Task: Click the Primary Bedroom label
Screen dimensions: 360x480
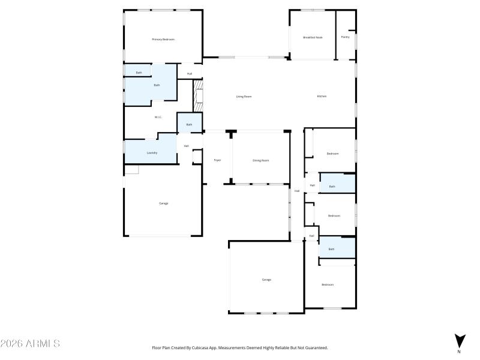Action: tap(163, 40)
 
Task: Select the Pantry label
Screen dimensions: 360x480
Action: tap(345, 37)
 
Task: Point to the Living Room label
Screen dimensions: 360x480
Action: tap(243, 97)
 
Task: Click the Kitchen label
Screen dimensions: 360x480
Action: tap(322, 97)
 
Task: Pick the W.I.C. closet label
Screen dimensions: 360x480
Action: tap(158, 117)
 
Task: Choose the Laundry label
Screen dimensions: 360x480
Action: tap(152, 153)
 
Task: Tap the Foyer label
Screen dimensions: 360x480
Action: tap(217, 160)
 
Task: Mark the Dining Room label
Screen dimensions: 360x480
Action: tap(260, 160)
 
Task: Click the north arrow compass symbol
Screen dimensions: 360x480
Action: tap(459, 340)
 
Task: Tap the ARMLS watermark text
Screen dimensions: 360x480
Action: tap(30, 344)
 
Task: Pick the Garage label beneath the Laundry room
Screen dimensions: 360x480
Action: tap(163, 203)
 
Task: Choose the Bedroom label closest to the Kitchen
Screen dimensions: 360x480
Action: tap(332, 154)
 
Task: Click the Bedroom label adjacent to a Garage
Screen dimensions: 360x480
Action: tap(327, 284)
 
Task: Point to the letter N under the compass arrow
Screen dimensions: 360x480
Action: tap(459, 352)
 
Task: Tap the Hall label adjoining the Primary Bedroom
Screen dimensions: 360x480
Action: tap(190, 74)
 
